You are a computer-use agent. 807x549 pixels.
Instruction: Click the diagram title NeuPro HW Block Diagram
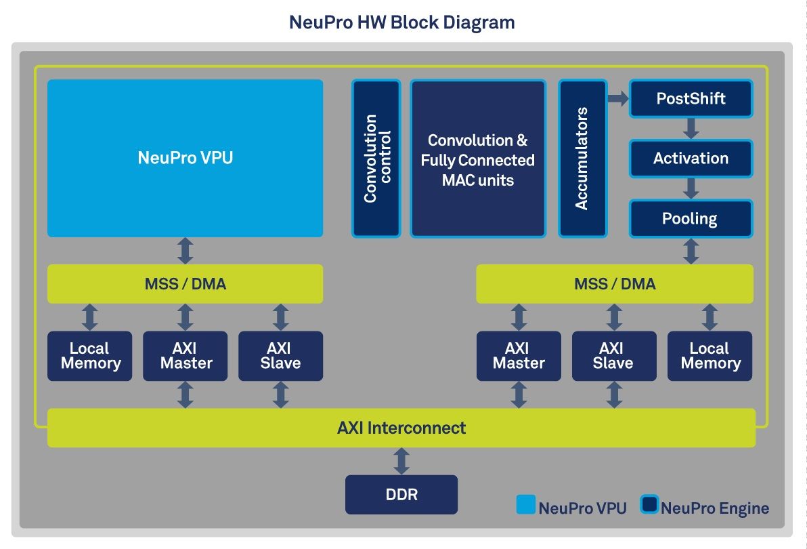click(x=402, y=22)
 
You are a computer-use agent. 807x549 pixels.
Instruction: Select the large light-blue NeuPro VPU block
click(x=185, y=158)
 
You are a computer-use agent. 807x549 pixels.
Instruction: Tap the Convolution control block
click(x=376, y=158)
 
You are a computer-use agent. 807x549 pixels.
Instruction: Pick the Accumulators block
click(x=582, y=158)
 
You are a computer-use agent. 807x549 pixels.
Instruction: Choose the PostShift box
click(x=691, y=99)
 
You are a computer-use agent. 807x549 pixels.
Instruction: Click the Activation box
click(x=691, y=159)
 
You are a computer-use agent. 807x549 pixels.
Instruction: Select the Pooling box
click(x=691, y=218)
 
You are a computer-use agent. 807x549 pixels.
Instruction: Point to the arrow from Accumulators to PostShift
click(x=617, y=99)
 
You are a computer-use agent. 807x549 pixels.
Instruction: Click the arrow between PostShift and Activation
click(x=691, y=128)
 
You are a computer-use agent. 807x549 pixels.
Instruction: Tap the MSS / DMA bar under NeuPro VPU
click(x=185, y=284)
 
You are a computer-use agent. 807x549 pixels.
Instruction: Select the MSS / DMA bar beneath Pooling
click(x=615, y=284)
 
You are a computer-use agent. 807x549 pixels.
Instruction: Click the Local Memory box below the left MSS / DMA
click(x=90, y=356)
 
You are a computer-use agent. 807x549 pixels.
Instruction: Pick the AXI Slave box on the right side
click(x=613, y=356)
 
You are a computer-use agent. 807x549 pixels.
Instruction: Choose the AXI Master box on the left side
click(x=186, y=356)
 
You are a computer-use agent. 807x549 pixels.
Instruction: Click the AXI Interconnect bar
click(x=401, y=428)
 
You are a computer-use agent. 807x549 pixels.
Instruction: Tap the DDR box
click(x=401, y=495)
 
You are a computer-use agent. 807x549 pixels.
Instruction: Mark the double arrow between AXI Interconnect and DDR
click(x=401, y=461)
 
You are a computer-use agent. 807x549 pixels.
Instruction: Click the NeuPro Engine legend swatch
click(x=649, y=506)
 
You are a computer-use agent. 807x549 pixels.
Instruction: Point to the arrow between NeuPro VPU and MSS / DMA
click(x=185, y=251)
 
